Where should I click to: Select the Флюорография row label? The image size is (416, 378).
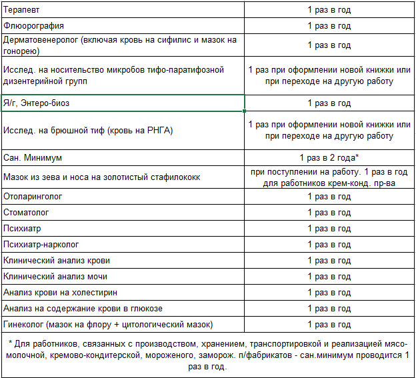tap(34, 26)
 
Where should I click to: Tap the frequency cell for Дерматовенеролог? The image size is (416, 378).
tap(329, 45)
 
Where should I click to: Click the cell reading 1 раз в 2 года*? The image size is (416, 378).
tap(329, 158)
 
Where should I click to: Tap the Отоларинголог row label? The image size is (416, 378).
tap(33, 197)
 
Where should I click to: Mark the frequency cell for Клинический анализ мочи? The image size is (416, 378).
tap(329, 277)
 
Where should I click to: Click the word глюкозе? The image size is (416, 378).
tap(143, 309)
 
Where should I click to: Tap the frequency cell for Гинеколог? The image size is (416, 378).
tap(329, 325)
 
